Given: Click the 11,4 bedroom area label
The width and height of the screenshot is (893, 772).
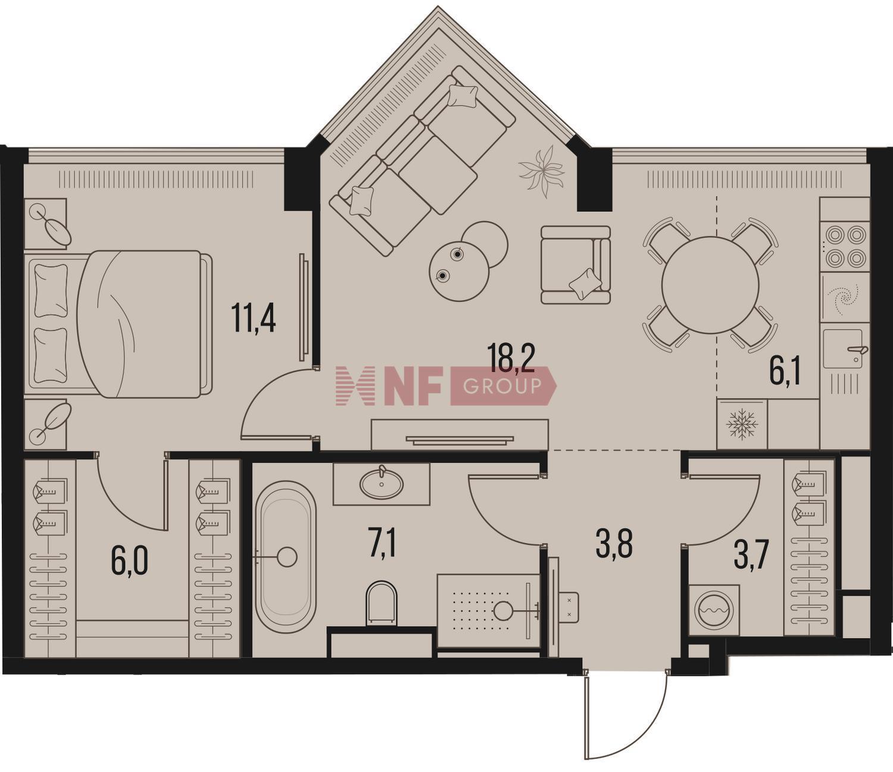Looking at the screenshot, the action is [x=254, y=317].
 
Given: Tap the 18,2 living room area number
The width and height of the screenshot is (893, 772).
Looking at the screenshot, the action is [x=511, y=357].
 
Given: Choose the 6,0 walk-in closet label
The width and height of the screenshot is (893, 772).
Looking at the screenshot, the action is [x=130, y=561].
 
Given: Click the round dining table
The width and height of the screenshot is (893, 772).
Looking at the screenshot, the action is [x=710, y=284].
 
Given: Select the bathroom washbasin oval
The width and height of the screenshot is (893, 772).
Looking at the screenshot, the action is [x=382, y=484].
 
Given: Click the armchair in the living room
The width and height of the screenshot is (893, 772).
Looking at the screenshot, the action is [x=576, y=264].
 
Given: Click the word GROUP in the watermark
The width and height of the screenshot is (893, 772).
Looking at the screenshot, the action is [x=502, y=386].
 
